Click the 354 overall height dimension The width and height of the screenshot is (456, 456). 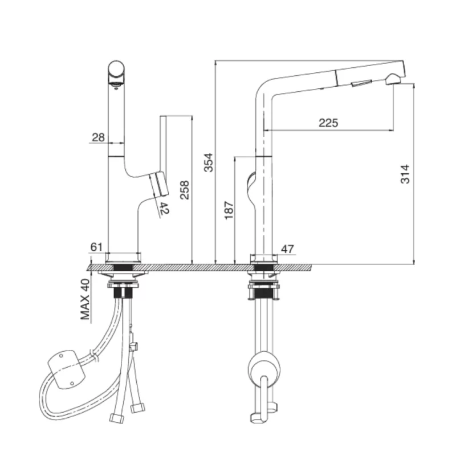point(208,163)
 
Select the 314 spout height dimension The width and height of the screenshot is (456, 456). point(405,174)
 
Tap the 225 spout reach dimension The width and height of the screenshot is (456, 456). point(328,123)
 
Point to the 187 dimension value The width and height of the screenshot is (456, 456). point(227,211)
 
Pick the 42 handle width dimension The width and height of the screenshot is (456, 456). point(164,208)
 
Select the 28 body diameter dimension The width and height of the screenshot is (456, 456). point(98,137)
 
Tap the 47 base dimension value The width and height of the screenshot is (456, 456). point(287,249)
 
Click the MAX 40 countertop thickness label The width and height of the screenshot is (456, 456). point(86,299)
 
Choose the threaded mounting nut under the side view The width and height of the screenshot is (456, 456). point(263,294)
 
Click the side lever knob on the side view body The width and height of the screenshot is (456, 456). point(251,185)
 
